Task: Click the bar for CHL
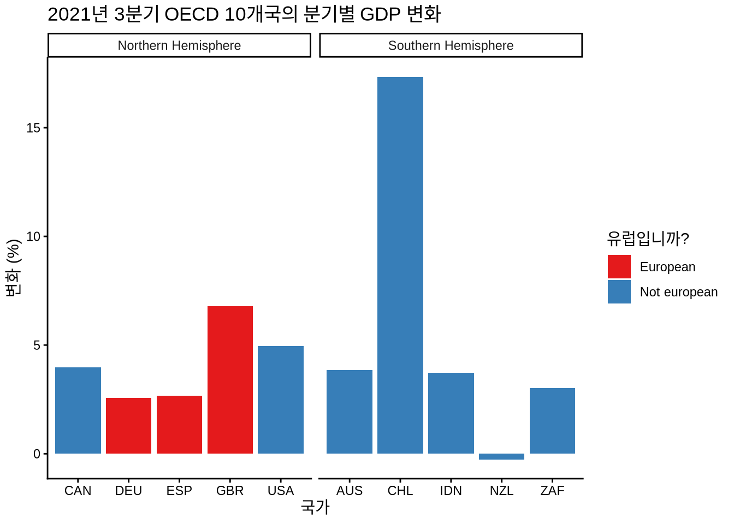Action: click(400, 265)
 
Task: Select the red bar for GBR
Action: click(230, 380)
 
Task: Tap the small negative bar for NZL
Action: click(501, 456)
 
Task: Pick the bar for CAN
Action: click(78, 410)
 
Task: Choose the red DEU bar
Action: click(128, 426)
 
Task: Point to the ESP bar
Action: click(179, 425)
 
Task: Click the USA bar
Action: click(281, 400)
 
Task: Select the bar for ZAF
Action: click(552, 421)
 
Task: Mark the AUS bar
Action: click(350, 412)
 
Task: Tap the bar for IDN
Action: click(451, 413)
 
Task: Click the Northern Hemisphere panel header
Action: click(179, 45)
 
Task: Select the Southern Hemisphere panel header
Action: click(451, 45)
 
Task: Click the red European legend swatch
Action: click(619, 267)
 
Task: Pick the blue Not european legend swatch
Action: click(619, 292)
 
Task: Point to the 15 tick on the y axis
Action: click(33, 128)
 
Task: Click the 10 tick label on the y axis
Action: click(33, 236)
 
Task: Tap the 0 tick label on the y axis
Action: click(37, 454)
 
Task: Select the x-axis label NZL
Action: click(501, 491)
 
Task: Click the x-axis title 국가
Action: click(315, 508)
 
